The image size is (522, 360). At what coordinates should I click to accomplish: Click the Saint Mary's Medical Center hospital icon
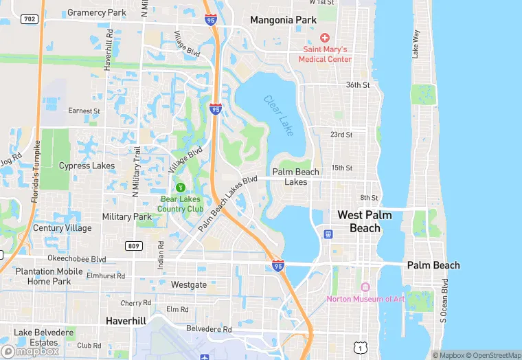point(325,37)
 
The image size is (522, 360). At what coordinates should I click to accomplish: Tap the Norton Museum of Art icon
point(365,286)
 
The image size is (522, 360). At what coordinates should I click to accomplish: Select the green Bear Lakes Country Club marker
point(181,187)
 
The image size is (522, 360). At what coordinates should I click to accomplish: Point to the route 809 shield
point(134,246)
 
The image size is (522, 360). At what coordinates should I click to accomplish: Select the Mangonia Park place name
point(283,20)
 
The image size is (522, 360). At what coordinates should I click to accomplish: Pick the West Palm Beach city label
point(364,221)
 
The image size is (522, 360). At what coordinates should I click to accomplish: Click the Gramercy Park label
point(96,12)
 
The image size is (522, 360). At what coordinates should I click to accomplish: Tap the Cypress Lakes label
point(87,166)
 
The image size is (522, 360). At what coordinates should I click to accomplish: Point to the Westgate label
point(188,284)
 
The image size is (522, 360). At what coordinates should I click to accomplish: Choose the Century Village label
point(63,228)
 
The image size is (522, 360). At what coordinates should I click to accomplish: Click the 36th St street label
point(358,85)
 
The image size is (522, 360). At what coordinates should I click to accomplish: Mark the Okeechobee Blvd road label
point(76,259)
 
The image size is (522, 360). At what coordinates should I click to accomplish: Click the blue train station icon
point(328,234)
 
